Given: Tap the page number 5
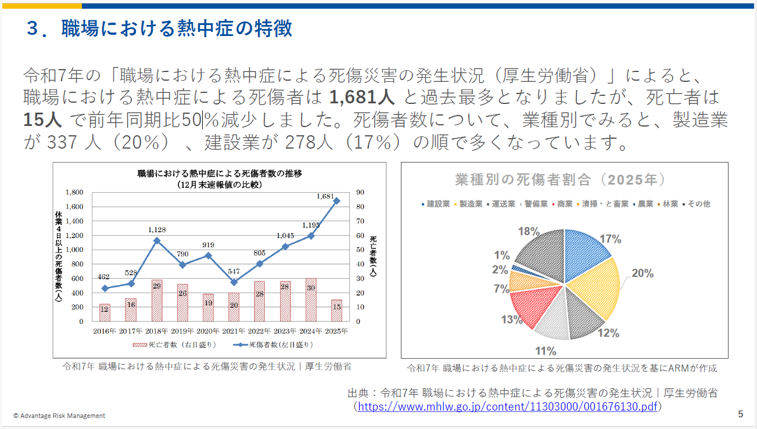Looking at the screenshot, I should click(740, 414).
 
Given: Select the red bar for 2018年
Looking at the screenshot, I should click(157, 300).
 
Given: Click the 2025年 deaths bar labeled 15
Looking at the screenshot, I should click(336, 310).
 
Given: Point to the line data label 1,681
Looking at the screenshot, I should click(326, 196).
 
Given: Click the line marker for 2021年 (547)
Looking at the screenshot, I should click(234, 282).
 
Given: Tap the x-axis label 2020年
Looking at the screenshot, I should click(208, 331).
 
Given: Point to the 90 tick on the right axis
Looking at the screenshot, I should click(360, 192).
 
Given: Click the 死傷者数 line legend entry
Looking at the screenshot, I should click(273, 344).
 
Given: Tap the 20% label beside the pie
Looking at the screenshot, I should click(643, 273).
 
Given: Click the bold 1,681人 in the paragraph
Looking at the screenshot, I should click(362, 96).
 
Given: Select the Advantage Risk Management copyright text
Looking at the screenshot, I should click(59, 416).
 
